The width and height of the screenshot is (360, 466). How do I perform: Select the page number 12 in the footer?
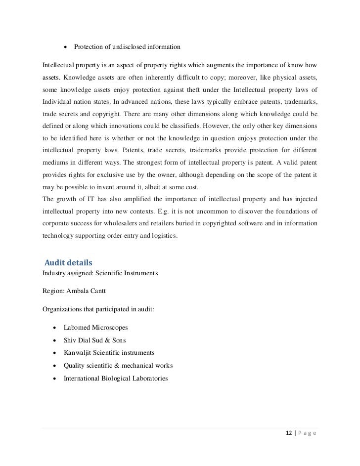point(289,433)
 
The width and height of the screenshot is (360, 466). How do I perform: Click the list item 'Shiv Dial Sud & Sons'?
point(94,340)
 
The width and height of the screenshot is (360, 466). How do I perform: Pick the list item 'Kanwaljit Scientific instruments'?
point(109,353)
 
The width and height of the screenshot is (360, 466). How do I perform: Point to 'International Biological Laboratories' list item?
point(116,379)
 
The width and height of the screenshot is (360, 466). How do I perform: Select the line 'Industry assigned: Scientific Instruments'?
point(100,272)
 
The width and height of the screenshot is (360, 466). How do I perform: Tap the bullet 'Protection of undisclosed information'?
point(127,47)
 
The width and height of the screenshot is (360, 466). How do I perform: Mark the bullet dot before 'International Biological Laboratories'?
point(52,379)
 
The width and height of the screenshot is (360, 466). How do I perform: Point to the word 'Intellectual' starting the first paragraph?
point(58,65)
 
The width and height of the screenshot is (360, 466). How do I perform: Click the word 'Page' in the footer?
point(307,433)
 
